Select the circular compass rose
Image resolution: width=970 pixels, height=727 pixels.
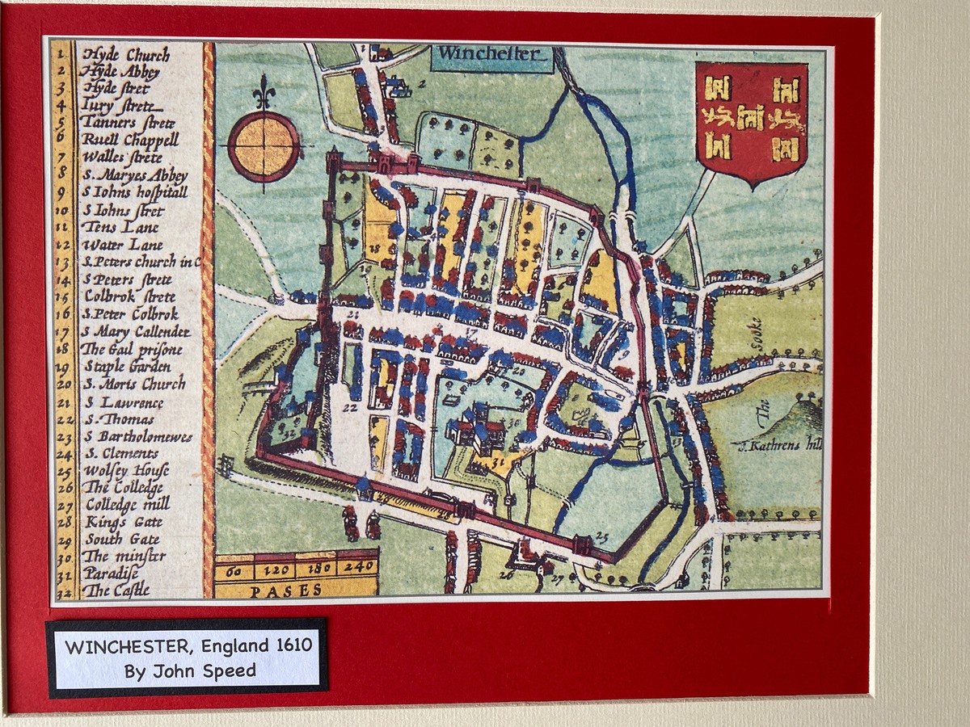click(264, 146)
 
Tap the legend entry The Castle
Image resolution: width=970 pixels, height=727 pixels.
click(116, 590)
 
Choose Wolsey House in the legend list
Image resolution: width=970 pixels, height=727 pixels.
click(126, 470)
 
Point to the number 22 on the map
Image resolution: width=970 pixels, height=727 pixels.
click(349, 409)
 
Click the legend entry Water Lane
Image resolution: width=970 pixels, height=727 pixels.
click(123, 245)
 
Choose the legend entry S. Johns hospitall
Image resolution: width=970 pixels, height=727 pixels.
click(134, 192)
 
